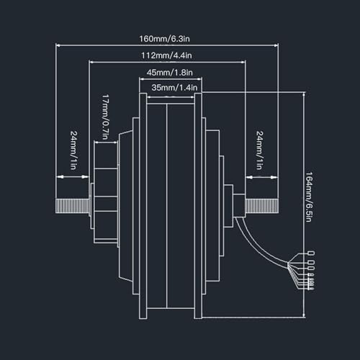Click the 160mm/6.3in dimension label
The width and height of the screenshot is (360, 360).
coord(164,39)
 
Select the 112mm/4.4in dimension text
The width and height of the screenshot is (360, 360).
coord(166,55)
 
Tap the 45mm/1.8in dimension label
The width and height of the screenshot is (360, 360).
coord(170,73)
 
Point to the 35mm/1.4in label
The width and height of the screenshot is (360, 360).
coord(174,88)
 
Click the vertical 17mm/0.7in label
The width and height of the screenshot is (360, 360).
coord(105,117)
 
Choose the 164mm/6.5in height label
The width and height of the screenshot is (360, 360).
coord(309,197)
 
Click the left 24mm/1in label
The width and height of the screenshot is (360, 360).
coord(73,150)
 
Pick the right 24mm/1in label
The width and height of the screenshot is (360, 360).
coord(259,150)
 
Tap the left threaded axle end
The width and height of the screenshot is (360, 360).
coord(73,206)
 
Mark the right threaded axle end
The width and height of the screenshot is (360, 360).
coord(262,206)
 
